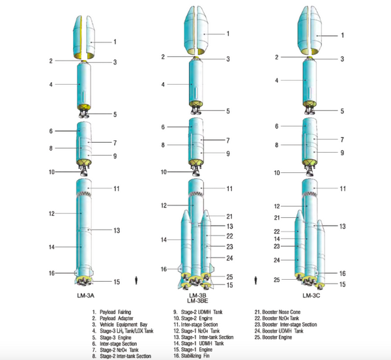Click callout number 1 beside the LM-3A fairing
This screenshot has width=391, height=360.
[x=115, y=42]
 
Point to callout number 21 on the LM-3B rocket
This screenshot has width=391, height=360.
[x=230, y=216]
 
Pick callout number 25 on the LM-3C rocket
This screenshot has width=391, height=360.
[x=276, y=280]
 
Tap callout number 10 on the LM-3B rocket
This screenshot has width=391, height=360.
[x=165, y=172]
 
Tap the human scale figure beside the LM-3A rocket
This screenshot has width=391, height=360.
[x=136, y=280]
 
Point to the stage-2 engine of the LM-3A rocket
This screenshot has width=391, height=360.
[x=83, y=171]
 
